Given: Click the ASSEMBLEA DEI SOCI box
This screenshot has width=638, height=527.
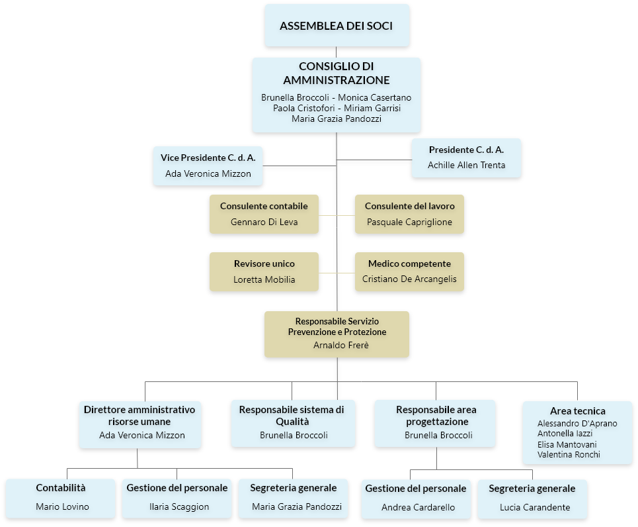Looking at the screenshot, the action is (x=337, y=25).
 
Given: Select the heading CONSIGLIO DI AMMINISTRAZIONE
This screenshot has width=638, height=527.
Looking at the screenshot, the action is (x=337, y=73).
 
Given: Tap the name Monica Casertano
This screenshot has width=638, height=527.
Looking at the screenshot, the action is (x=374, y=97).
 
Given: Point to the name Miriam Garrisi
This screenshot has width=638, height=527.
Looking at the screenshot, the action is (x=372, y=108).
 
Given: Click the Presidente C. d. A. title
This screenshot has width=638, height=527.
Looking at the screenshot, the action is (x=466, y=150).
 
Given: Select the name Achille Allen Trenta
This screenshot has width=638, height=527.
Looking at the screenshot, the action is (x=466, y=165).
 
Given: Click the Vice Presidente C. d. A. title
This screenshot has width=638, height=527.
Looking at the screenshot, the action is (x=208, y=158).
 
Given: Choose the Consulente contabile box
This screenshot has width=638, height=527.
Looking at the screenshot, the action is (x=264, y=214).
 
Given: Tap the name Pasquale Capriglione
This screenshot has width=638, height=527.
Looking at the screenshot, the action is (x=409, y=222).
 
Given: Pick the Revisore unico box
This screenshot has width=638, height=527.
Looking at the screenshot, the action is (x=264, y=271).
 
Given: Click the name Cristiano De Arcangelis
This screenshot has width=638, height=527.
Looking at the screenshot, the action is (x=409, y=279).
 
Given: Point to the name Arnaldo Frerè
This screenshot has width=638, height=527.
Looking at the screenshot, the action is (x=341, y=345).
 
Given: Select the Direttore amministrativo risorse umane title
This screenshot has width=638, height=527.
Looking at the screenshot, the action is (x=140, y=415).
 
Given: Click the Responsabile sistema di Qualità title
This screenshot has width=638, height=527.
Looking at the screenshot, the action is (x=292, y=415).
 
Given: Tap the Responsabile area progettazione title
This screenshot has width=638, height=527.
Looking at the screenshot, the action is (x=436, y=415).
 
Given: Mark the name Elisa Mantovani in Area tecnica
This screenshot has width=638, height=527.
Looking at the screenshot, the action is (x=567, y=444).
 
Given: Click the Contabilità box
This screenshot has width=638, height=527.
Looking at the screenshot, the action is (x=61, y=499).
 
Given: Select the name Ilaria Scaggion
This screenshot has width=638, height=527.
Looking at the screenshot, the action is (x=179, y=506).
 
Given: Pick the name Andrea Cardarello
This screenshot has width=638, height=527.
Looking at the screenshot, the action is (x=419, y=507).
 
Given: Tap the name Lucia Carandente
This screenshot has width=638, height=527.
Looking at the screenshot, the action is (x=535, y=507).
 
